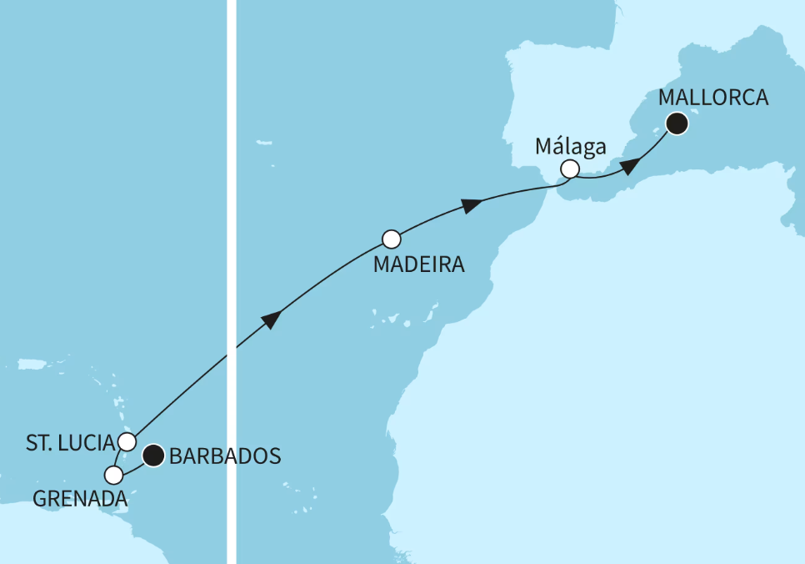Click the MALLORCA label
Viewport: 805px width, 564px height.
(x=712, y=98)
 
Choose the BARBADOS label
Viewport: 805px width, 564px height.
(x=224, y=456)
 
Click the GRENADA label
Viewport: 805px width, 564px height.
(x=80, y=499)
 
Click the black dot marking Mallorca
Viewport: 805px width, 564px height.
(x=677, y=124)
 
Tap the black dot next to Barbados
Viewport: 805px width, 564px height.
(x=152, y=456)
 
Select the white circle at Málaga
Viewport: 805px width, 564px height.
(x=569, y=169)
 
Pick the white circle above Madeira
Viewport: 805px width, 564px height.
(x=392, y=239)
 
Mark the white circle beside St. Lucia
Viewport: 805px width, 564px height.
(x=127, y=441)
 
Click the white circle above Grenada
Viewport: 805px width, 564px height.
(x=114, y=475)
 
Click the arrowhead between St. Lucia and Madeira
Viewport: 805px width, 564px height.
(x=271, y=321)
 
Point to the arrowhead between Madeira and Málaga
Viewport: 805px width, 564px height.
(x=472, y=204)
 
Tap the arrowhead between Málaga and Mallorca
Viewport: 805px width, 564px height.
(x=630, y=164)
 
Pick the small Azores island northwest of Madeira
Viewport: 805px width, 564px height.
(x=265, y=144)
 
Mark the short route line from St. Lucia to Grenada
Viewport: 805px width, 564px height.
(x=119, y=458)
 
